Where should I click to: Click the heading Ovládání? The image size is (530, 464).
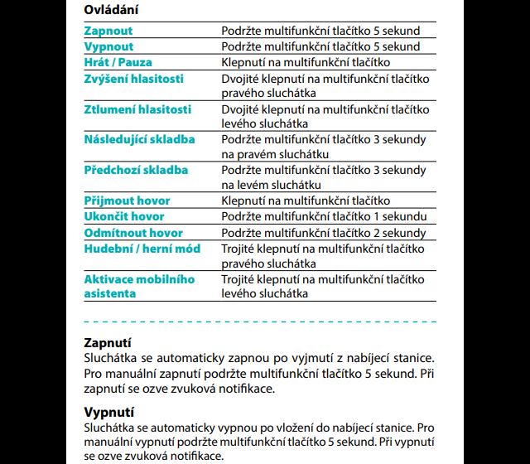pos(111,10)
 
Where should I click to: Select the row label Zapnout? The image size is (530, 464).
pos(108,31)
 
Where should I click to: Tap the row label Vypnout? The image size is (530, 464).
pos(108,46)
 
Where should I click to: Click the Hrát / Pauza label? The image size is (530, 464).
pos(118,62)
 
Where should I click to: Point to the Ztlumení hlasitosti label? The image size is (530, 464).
pos(137,109)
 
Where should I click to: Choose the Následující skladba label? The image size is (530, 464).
pos(140,139)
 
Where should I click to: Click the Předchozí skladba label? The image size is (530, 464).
pos(136,170)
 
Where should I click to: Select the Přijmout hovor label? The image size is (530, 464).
pos(127,201)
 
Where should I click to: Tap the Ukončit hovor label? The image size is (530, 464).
pos(124,216)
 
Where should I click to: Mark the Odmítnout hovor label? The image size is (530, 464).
pos(133,233)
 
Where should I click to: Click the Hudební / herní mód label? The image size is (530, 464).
pos(142,249)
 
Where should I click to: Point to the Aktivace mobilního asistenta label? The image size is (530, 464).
pos(139,286)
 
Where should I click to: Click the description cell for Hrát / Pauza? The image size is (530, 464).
pos(306,62)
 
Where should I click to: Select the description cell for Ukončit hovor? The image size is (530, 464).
pos(323,216)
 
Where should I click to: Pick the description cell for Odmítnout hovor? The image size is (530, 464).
pos(323,233)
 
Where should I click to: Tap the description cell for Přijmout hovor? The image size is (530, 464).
pos(306,201)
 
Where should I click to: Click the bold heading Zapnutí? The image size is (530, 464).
pos(108,342)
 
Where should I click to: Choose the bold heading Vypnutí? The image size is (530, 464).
pos(109,412)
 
